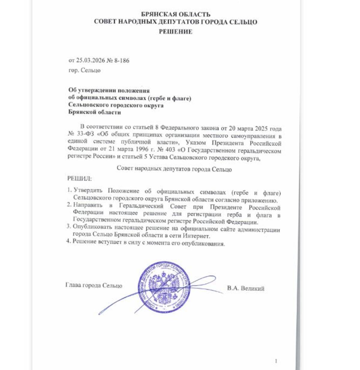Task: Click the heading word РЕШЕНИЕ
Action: tap(175, 32)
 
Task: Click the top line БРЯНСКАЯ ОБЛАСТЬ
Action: tap(175, 14)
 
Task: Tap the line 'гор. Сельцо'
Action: tap(84, 70)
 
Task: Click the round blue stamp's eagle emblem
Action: tap(164, 287)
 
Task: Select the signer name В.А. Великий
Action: tap(246, 289)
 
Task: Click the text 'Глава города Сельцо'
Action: tap(94, 285)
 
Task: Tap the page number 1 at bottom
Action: tap(276, 361)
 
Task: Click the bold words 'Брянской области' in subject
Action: tap(94, 112)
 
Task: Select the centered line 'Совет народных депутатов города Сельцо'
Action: tap(174, 169)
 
